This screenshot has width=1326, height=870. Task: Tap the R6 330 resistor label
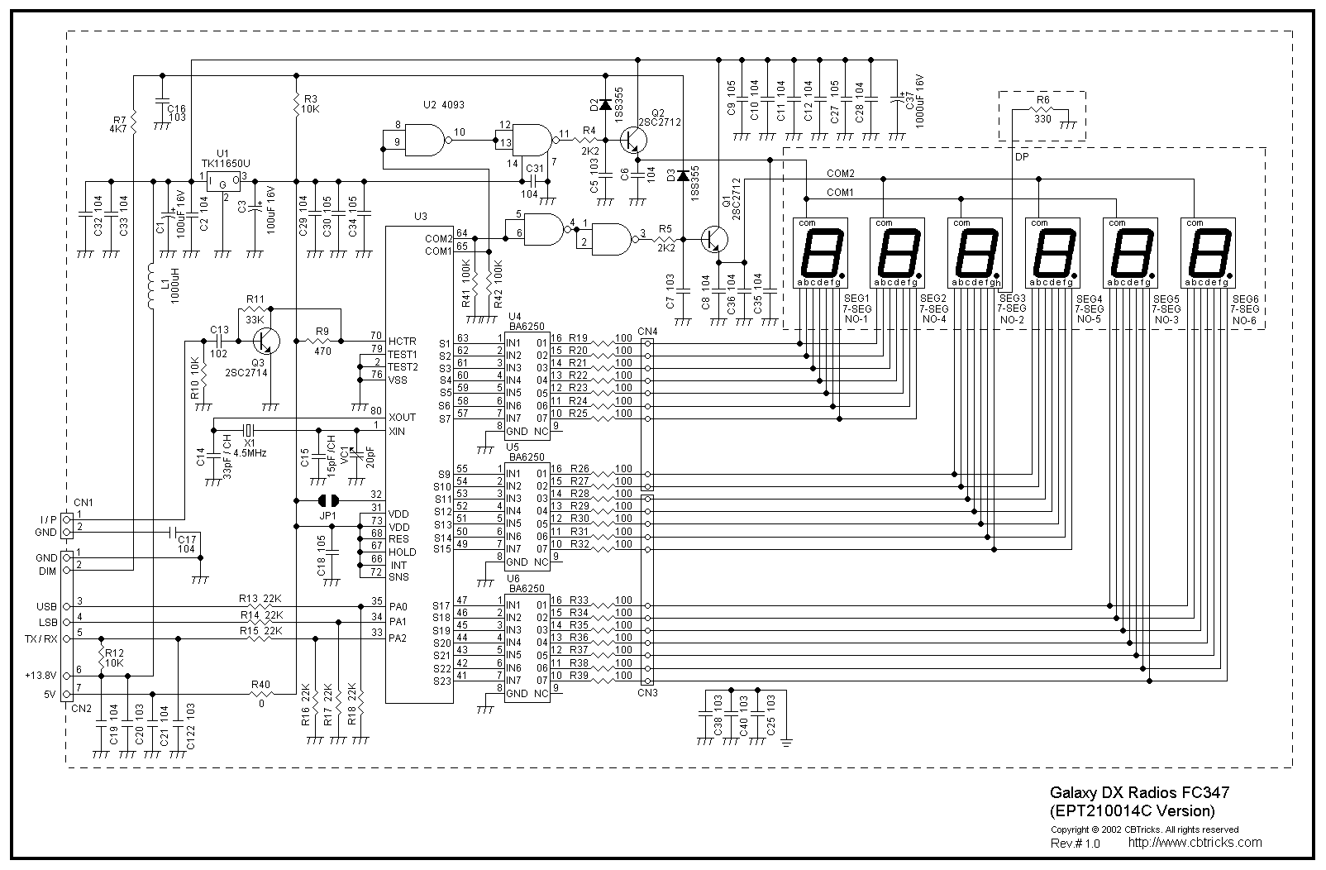[x=1042, y=109]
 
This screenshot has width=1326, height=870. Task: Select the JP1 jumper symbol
[x=329, y=500]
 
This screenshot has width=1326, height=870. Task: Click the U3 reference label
[x=420, y=217]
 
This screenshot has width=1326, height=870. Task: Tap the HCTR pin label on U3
[x=402, y=342]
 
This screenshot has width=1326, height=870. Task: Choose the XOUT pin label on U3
[x=402, y=417]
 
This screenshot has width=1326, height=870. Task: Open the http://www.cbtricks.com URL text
[x=1195, y=843]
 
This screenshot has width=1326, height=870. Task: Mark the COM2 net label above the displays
[x=841, y=174]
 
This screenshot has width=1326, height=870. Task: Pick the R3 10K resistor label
[x=310, y=103]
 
